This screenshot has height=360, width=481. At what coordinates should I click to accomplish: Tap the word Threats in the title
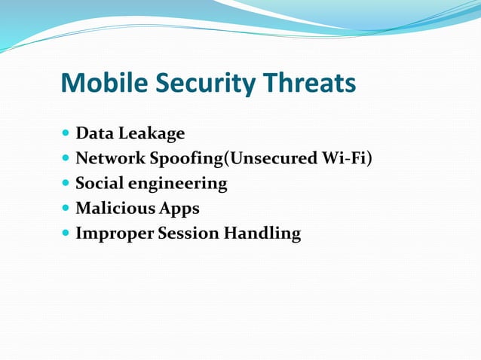(308, 84)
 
